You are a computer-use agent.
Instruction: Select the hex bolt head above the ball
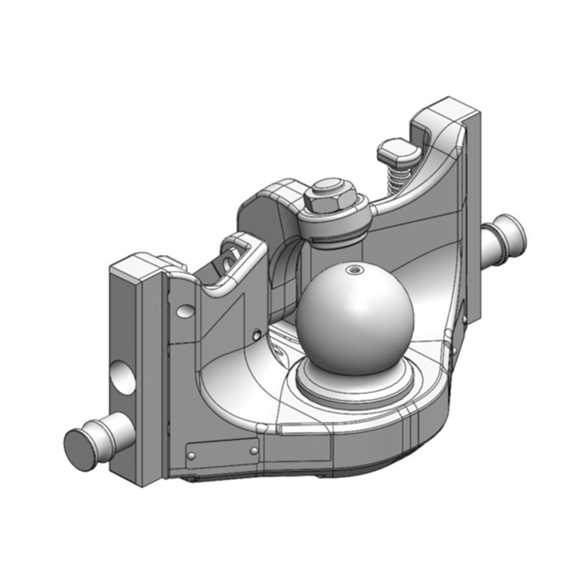[329, 197]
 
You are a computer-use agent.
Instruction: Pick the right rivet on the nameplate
[253, 450]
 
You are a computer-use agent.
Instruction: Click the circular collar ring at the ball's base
[355, 381]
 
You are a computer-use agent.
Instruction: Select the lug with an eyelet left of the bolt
[237, 253]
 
